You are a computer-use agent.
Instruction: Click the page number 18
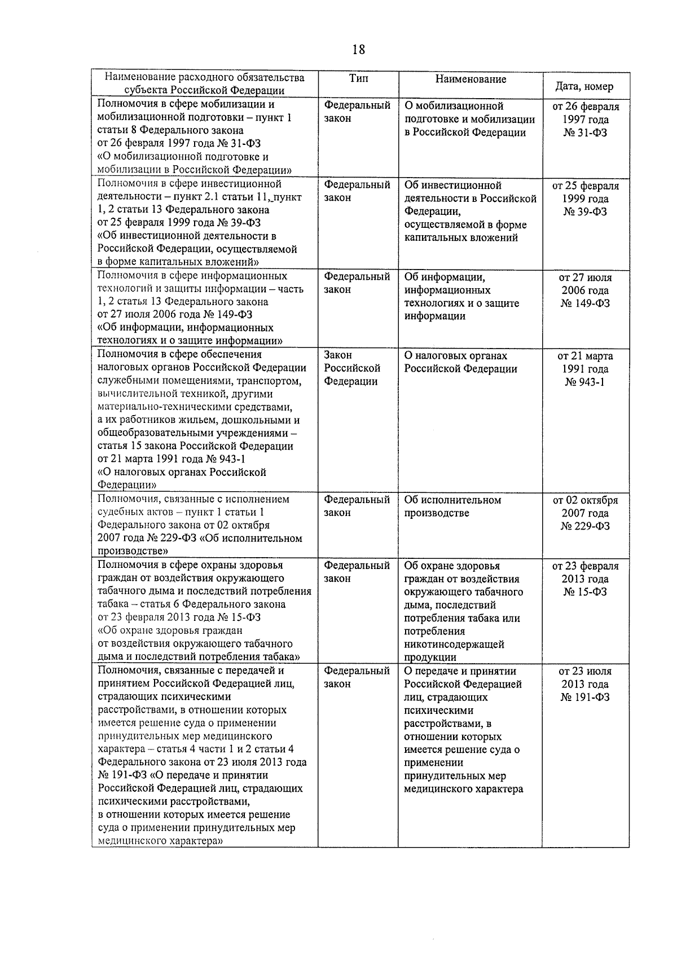pos(358,50)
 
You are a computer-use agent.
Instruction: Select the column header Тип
pos(358,79)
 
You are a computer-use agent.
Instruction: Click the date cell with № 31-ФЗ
pos(585,120)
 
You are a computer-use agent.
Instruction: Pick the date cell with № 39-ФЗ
pos(585,199)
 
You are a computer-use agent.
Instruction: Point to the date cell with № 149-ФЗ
pos(585,290)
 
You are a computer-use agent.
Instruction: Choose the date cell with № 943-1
pos(585,369)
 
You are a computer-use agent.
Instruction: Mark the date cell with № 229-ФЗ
pos(585,513)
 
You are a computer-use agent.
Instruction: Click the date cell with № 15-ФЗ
pos(585,579)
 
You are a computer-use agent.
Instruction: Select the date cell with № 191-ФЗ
pos(585,684)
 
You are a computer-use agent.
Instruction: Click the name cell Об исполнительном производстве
pos(452,506)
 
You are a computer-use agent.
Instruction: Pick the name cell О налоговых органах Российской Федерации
pos(460,363)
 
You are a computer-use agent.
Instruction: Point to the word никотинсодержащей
pos(454,645)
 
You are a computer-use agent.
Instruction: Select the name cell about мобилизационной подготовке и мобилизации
pos(469,120)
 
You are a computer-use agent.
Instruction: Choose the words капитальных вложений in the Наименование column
pos(461,238)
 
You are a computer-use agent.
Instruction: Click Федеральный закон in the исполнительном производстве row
pos(357,506)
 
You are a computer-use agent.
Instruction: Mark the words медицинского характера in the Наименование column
pos(463,789)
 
